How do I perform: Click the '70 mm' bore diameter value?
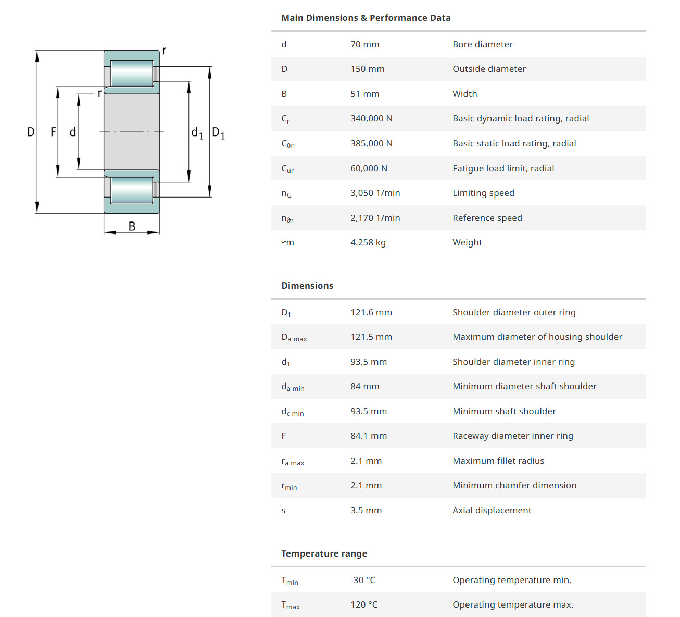click(364, 45)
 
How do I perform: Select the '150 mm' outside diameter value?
click(367, 69)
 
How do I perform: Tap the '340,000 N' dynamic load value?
click(371, 119)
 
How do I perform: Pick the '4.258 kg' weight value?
click(368, 243)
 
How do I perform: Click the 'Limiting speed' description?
click(483, 193)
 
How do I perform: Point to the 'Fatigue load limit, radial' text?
click(503, 169)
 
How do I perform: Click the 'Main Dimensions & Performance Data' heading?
click(366, 18)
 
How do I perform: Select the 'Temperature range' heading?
click(324, 554)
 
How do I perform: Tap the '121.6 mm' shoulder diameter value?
click(371, 313)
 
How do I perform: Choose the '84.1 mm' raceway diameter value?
click(368, 436)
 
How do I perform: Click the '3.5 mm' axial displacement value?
click(366, 511)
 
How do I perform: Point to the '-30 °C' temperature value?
click(362, 581)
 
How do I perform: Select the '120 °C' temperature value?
click(363, 605)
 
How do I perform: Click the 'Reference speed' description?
click(487, 218)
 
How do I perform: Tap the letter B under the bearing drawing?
click(132, 226)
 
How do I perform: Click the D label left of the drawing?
click(31, 132)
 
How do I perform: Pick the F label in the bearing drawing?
click(53, 132)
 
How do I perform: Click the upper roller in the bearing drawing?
click(132, 73)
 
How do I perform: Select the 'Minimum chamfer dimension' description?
click(514, 486)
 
